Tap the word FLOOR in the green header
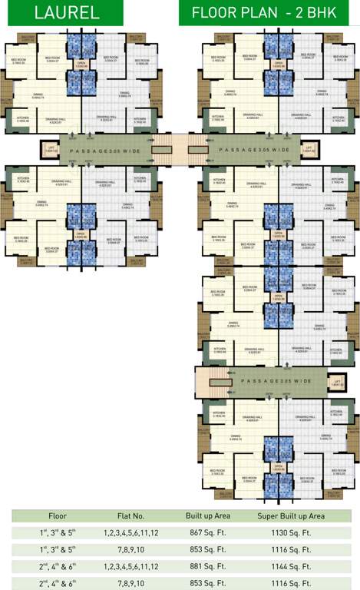tap(214, 13)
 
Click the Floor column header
tap(58, 516)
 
